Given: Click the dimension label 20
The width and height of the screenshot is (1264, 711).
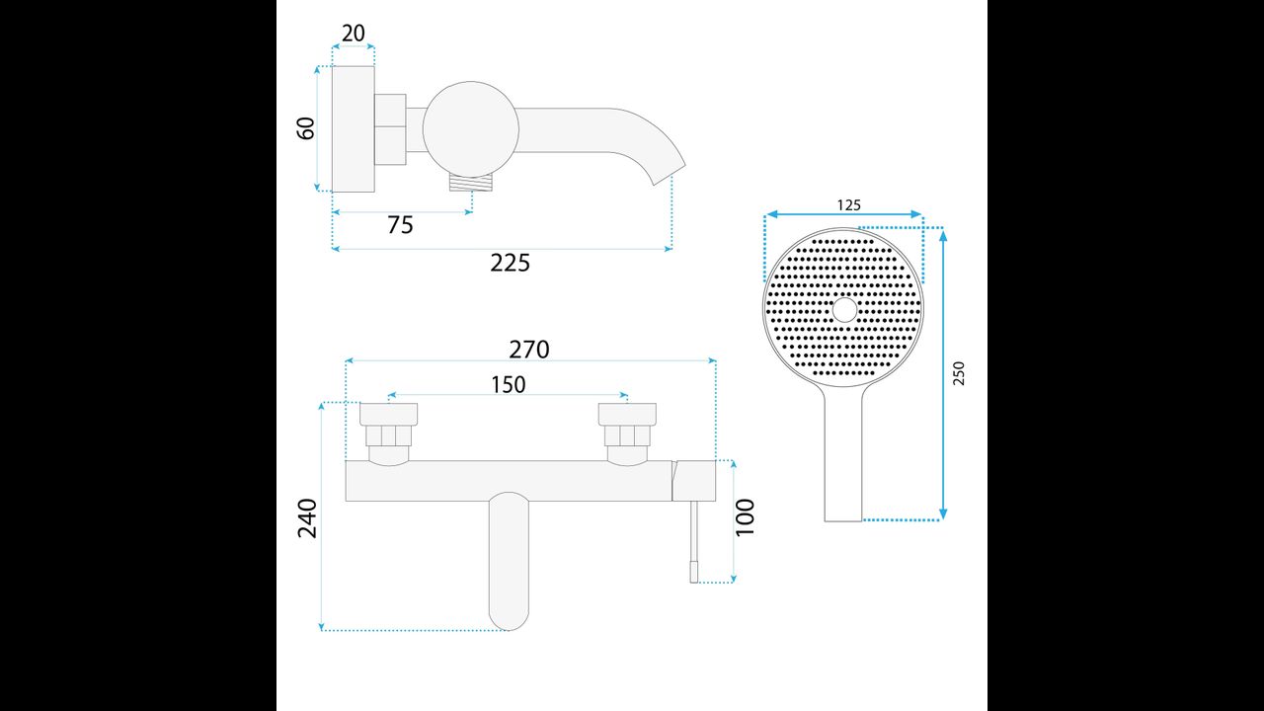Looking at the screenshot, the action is point(354,34).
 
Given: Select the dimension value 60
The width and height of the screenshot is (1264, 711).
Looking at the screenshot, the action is point(305,128).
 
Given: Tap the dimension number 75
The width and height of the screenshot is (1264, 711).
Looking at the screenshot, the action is point(400,224).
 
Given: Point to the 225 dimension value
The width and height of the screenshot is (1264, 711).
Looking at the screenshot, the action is point(511,263).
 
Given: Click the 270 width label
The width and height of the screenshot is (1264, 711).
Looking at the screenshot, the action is point(528,350).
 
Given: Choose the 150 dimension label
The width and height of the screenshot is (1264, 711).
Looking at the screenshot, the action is point(509,385).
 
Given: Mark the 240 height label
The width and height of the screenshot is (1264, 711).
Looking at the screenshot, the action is point(307,518).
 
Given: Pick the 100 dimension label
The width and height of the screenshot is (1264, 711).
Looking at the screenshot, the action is point(745,516).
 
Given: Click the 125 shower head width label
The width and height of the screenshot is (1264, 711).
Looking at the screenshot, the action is point(848,204).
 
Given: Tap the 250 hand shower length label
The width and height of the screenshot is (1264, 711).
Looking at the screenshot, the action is point(959,373).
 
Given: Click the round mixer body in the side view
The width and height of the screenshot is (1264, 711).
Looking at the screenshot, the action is point(471,129).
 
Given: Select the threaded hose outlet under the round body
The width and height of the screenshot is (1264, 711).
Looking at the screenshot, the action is point(472,183).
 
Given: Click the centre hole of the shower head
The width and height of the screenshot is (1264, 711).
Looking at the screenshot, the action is point(844,310).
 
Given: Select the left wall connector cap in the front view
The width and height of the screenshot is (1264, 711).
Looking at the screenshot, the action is point(389,414).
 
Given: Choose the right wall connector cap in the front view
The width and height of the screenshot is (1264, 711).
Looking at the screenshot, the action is point(627,414).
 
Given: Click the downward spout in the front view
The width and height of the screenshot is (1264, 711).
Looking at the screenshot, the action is point(509,562).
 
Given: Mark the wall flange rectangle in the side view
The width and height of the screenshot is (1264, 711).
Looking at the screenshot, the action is point(354,129).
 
